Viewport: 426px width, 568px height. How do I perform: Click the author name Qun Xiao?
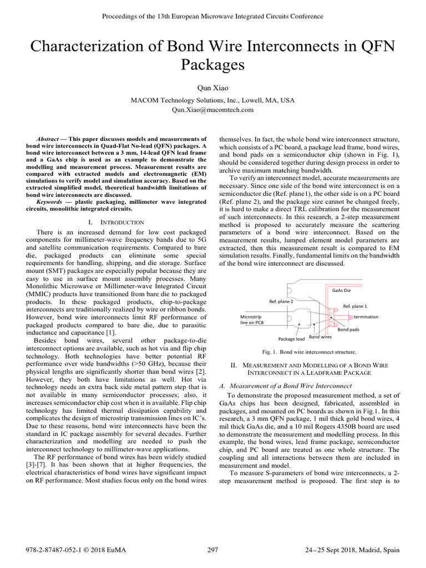pos(212,88)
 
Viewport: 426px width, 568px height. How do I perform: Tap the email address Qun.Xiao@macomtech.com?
pos(213,110)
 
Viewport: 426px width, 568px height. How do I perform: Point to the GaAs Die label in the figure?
pos(341,290)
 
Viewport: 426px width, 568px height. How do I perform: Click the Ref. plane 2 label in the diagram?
pos(281,301)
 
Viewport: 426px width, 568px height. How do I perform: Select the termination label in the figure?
pos(366,317)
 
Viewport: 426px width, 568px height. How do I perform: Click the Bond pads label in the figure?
pos(349,329)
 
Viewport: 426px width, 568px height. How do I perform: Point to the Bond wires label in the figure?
pos(320,337)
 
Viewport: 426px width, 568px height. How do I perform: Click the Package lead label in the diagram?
pos(291,338)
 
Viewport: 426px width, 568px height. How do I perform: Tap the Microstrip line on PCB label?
pos(253,319)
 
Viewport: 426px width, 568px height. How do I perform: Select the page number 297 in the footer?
pos(213,550)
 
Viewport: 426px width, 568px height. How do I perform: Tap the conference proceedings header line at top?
pos(213,16)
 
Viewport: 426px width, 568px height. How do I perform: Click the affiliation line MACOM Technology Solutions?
pos(213,100)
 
